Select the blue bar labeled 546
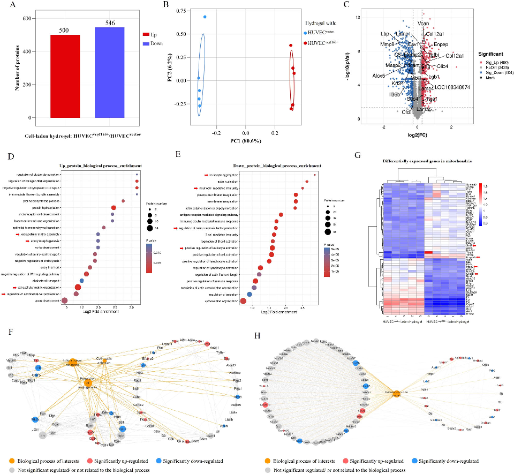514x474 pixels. (110, 72)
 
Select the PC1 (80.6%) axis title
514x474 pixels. (245, 141)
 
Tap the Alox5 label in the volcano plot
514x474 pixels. (379, 76)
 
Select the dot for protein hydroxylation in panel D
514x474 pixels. (114, 208)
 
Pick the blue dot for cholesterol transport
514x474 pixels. (81, 280)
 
